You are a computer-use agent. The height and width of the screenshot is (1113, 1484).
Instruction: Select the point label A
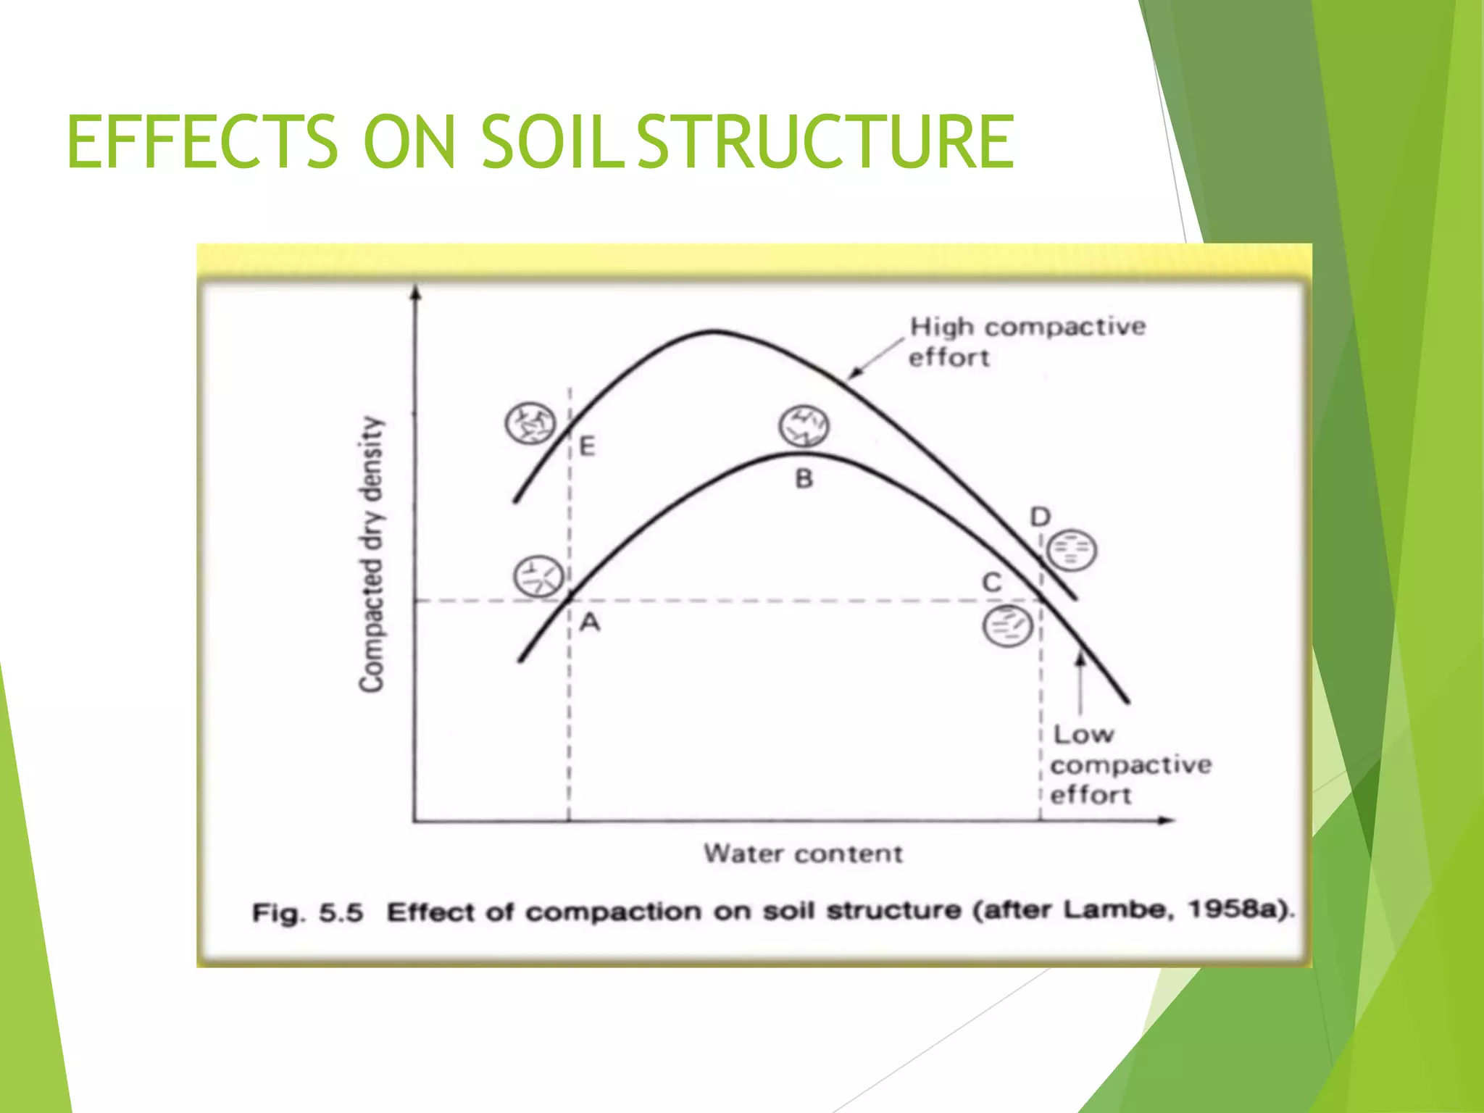point(591,622)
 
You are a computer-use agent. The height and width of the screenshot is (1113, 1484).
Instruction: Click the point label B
point(804,479)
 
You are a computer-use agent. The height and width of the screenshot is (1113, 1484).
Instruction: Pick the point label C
point(991,583)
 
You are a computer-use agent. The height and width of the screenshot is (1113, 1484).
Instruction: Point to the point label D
point(1041,517)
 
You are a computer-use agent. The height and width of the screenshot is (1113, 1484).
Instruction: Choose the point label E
point(588,446)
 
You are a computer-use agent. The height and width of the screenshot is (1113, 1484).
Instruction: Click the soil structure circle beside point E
point(530,423)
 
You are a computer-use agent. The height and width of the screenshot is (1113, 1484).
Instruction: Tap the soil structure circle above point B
point(804,426)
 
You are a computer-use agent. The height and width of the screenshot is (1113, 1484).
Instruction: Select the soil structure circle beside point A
point(538,577)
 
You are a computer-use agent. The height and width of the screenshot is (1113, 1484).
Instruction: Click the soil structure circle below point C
point(1007,626)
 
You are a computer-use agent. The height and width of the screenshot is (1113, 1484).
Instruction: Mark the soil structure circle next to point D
point(1072,550)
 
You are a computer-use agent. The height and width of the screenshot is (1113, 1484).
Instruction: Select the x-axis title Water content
point(803,854)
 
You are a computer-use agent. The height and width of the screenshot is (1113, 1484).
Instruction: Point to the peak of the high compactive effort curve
point(714,332)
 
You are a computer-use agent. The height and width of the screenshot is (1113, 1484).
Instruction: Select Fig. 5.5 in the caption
point(307,912)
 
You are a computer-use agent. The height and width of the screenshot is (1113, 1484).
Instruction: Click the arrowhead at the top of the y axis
point(415,291)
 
